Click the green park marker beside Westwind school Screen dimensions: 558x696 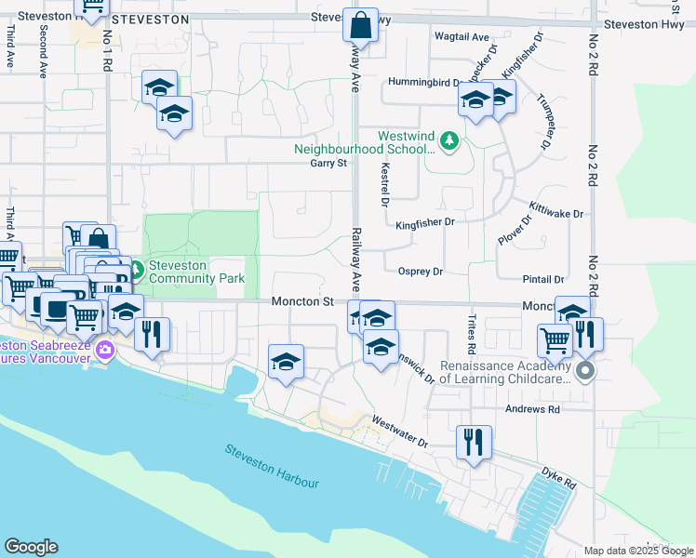tap(449, 141)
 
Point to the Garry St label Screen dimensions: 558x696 tap(328, 164)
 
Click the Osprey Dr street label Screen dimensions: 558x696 tap(420, 272)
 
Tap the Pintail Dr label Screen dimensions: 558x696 tap(544, 279)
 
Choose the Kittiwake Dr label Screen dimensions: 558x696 tap(555, 213)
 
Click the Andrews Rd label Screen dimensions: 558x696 tap(532, 409)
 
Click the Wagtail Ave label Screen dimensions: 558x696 tap(462, 37)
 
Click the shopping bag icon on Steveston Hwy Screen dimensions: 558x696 tap(360, 25)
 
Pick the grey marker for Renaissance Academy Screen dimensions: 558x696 tap(585, 373)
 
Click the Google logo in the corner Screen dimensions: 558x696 tap(31, 547)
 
